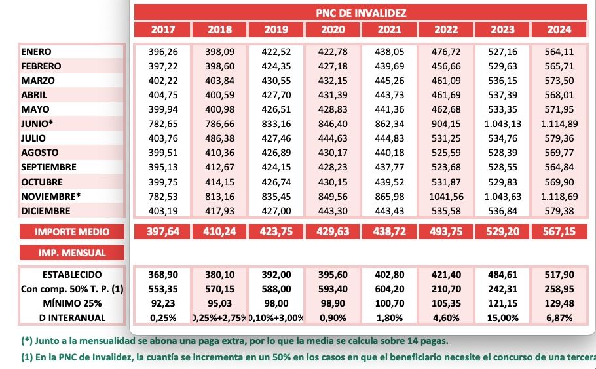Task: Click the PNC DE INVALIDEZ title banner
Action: (x=361, y=13)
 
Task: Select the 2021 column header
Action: (x=389, y=29)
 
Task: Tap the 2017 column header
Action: (x=162, y=29)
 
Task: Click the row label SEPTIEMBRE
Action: (x=48, y=167)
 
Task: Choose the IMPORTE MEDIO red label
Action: (x=71, y=231)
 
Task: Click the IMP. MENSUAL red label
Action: (x=71, y=252)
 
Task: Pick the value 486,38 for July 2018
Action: (x=219, y=138)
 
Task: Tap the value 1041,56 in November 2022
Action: (x=445, y=196)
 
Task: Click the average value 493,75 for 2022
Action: (x=445, y=231)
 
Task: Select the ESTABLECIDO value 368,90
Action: (x=162, y=275)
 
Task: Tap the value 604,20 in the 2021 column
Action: (x=389, y=289)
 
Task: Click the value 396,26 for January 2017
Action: (x=162, y=52)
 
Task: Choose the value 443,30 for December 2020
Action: (x=333, y=210)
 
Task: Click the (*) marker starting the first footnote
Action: (x=27, y=341)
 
